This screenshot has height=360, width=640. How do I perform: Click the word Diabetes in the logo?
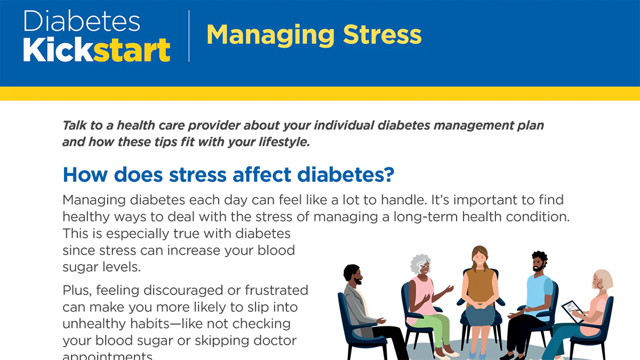click(x=82, y=21)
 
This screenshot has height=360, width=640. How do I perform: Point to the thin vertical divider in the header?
click(x=189, y=36)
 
